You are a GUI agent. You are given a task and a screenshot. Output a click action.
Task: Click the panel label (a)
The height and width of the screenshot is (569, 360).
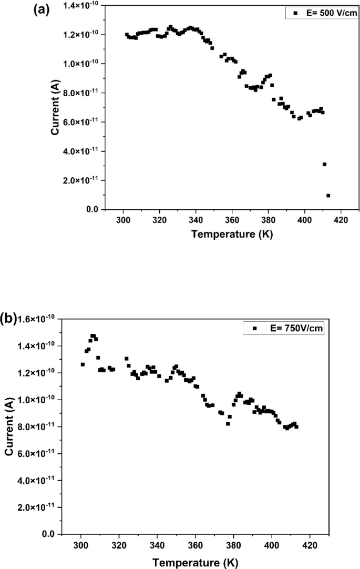(x=42, y=9)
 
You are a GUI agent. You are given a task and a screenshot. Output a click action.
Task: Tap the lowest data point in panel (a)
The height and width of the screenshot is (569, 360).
(x=328, y=196)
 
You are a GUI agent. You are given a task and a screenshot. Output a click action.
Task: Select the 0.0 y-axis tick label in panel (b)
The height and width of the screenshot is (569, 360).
(x=48, y=534)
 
